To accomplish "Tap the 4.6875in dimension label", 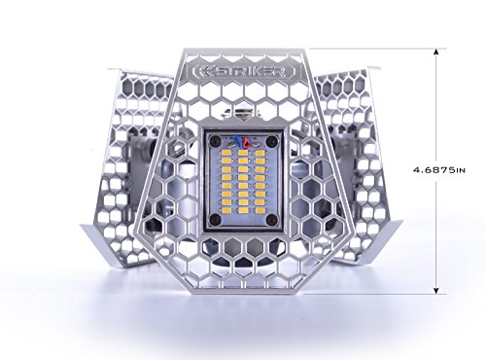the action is (x=439, y=169).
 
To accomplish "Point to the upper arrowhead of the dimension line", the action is (x=436, y=53).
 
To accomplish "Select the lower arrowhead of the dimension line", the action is (x=436, y=290).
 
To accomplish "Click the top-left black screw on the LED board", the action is (x=214, y=140).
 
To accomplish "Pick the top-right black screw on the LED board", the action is (x=272, y=140).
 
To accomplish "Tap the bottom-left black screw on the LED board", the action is (x=214, y=220).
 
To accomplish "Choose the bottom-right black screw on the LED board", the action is (x=272, y=220).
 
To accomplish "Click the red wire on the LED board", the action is (x=245, y=143).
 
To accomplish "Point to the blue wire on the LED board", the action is (x=238, y=142).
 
